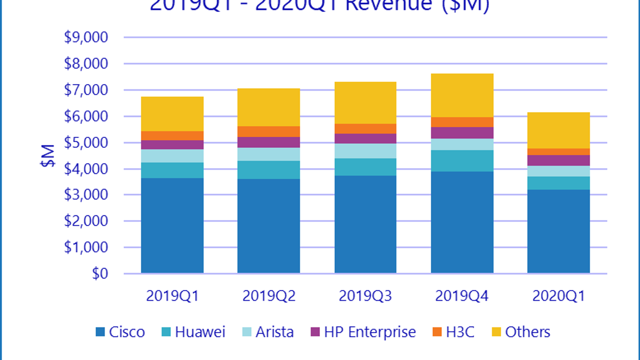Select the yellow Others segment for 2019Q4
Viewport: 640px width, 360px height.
tap(462, 95)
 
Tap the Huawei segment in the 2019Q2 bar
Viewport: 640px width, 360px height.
tap(268, 170)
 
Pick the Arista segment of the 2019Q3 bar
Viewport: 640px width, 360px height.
tap(365, 151)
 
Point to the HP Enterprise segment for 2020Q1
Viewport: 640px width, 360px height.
tap(558, 160)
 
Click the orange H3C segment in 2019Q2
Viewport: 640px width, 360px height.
tap(268, 132)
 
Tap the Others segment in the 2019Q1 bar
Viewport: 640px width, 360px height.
tap(172, 114)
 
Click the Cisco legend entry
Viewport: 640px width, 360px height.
tap(120, 332)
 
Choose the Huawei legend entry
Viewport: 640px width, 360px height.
tap(194, 332)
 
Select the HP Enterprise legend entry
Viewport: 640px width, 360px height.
tap(363, 332)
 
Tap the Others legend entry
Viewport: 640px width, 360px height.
tap(521, 332)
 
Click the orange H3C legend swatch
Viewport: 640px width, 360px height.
tap(437, 332)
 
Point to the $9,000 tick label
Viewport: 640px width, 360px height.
tap(86, 37)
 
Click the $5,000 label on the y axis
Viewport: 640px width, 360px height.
tap(86, 142)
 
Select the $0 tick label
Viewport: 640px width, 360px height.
tap(100, 274)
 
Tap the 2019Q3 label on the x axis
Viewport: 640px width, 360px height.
tap(365, 296)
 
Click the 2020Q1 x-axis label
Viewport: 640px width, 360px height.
tap(558, 296)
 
